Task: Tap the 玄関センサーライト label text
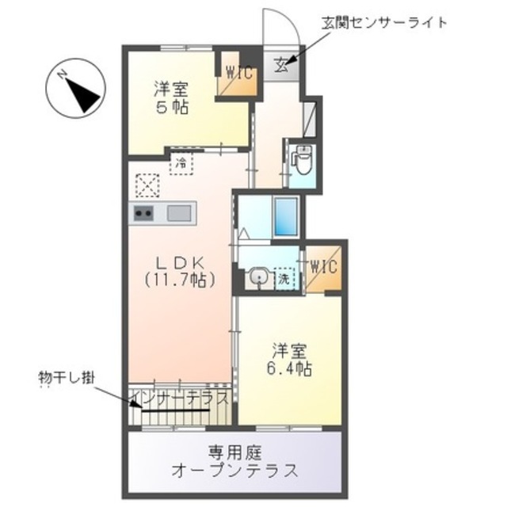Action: (383, 22)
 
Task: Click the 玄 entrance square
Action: (282, 65)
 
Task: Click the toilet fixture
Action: (301, 161)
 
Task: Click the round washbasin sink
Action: (255, 277)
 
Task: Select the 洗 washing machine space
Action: (284, 278)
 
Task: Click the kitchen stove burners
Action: (143, 212)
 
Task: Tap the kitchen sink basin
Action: (179, 212)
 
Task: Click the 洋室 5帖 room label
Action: (171, 98)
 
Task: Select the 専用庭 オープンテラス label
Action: (234, 461)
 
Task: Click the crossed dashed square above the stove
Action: (147, 185)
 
